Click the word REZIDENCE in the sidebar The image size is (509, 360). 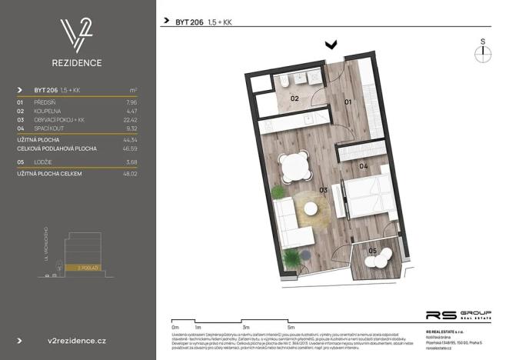77,63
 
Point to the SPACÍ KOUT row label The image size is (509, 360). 51,129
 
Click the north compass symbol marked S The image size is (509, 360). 483,52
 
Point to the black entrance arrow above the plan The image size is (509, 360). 331,46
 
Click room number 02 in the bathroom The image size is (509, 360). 294,98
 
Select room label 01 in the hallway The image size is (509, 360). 347,101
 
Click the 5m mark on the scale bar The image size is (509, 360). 291,326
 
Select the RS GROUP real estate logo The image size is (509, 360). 458,315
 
